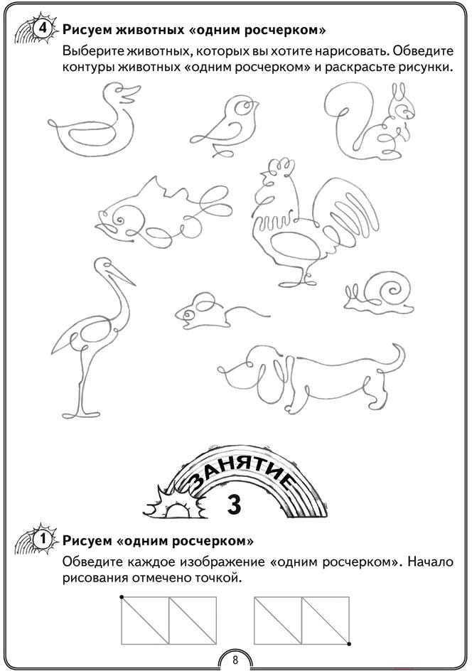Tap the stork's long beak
point(122,276)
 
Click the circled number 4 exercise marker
point(43,30)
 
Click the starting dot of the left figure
point(122,597)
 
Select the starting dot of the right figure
point(349,643)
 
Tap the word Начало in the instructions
point(430,562)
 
